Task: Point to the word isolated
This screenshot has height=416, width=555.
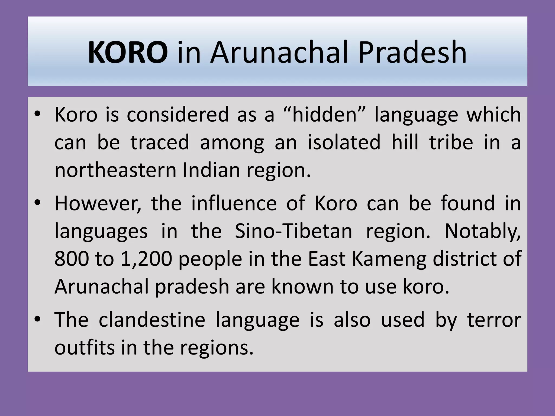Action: (344, 142)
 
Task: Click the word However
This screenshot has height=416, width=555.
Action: (98, 203)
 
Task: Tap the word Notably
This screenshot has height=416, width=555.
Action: (483, 231)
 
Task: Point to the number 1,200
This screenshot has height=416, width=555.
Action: (146, 259)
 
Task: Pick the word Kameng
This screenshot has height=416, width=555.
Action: (389, 259)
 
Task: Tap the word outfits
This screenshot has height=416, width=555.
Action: (84, 348)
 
